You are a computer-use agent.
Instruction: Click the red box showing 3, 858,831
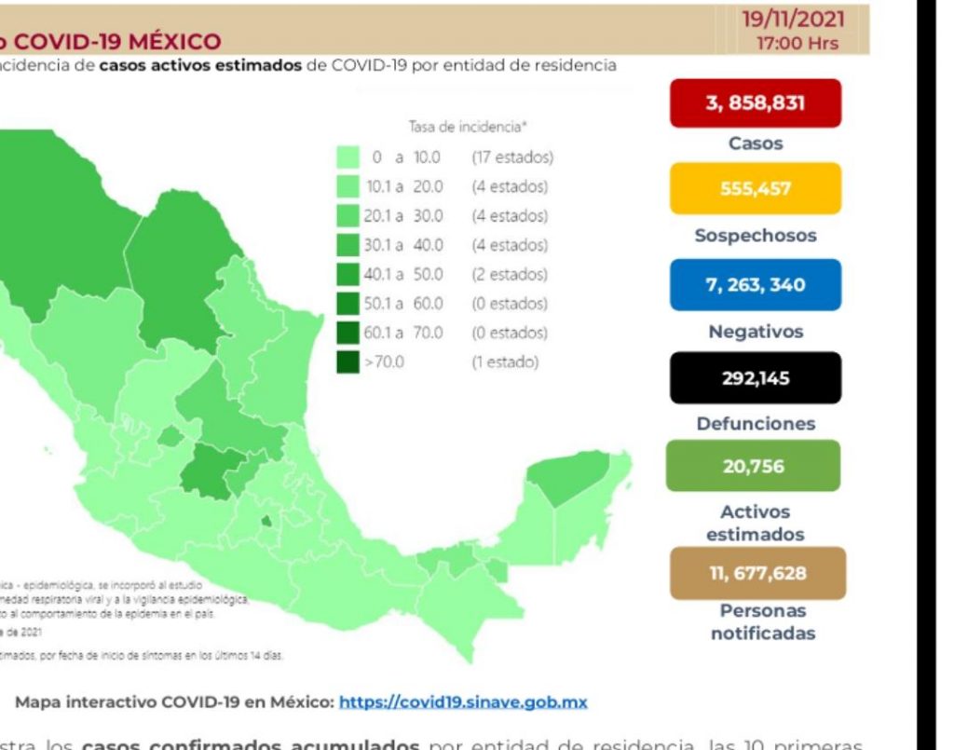pyautogui.click(x=755, y=103)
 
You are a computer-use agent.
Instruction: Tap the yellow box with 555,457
pyautogui.click(x=755, y=189)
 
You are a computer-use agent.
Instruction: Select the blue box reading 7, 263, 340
pyautogui.click(x=755, y=285)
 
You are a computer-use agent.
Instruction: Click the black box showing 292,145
pyautogui.click(x=755, y=378)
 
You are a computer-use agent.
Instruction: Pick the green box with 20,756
pyautogui.click(x=755, y=466)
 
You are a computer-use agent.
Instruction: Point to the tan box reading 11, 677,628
pyautogui.click(x=757, y=573)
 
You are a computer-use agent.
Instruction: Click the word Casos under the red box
pyautogui.click(x=756, y=144)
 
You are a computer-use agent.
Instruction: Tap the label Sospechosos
pyautogui.click(x=755, y=236)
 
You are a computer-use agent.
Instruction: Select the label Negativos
pyautogui.click(x=756, y=332)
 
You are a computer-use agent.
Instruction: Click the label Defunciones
pyautogui.click(x=756, y=424)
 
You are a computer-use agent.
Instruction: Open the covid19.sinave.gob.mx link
pyautogui.click(x=463, y=702)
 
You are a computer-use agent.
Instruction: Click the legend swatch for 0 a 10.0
pyautogui.click(x=348, y=157)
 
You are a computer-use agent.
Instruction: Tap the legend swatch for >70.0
pyautogui.click(x=348, y=361)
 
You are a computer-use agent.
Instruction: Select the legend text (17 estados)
pyautogui.click(x=512, y=157)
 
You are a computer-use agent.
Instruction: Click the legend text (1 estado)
pyautogui.click(x=505, y=361)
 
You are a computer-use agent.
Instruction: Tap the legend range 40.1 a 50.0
pyautogui.click(x=402, y=275)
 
